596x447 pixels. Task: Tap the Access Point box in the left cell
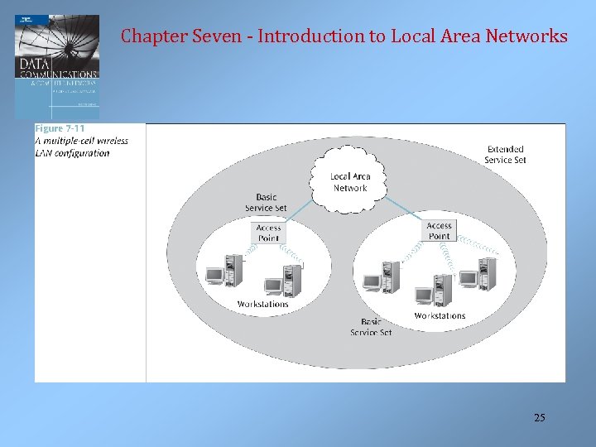[x=268, y=233]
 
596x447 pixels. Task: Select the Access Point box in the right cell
[x=439, y=230]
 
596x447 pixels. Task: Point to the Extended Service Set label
[x=505, y=155]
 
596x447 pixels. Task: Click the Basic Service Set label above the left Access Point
[x=267, y=202]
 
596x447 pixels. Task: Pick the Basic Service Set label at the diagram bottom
[x=371, y=327]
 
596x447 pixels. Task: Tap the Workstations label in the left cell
[x=262, y=304]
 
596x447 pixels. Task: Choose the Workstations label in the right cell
[x=440, y=315]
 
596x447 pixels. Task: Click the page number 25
[x=539, y=418]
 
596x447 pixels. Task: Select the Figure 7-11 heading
[x=60, y=129]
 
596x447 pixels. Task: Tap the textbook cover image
[x=56, y=66]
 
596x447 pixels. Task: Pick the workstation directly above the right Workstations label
[x=434, y=291]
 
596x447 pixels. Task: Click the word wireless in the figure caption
[x=110, y=141]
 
